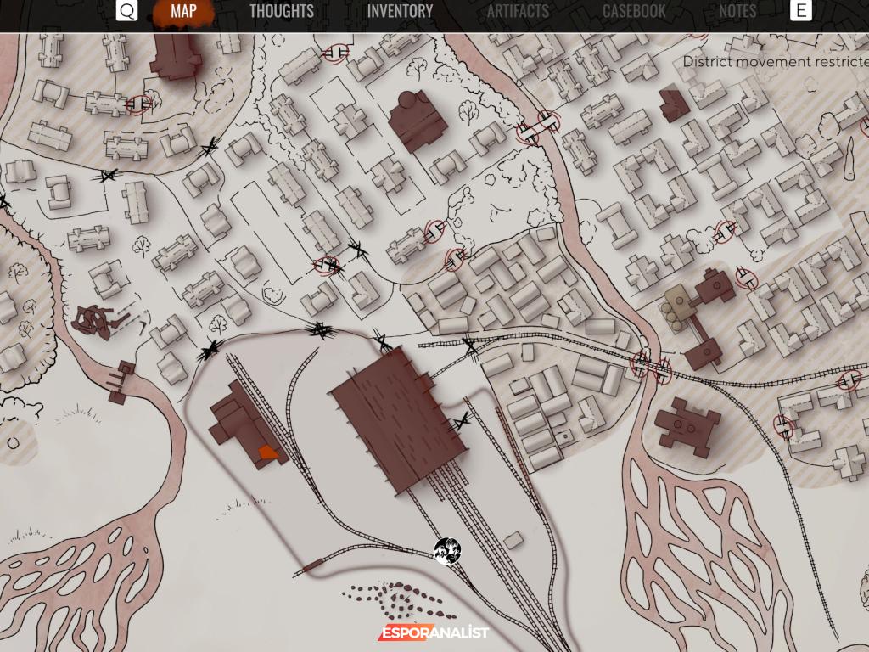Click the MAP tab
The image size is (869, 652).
pos(183,12)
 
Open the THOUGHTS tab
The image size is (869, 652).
pos(281,12)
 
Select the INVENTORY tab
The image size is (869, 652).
pos(400,12)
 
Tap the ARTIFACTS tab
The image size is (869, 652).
pos(518,12)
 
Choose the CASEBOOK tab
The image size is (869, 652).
pos(634,12)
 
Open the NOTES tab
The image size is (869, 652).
pos(737,12)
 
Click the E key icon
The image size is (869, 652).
pos(800,11)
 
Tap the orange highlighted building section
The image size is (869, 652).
pos(268,453)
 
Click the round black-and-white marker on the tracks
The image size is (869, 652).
pos(447,550)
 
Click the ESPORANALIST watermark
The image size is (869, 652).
pos(433,632)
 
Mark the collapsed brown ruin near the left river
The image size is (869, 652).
pos(95,320)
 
